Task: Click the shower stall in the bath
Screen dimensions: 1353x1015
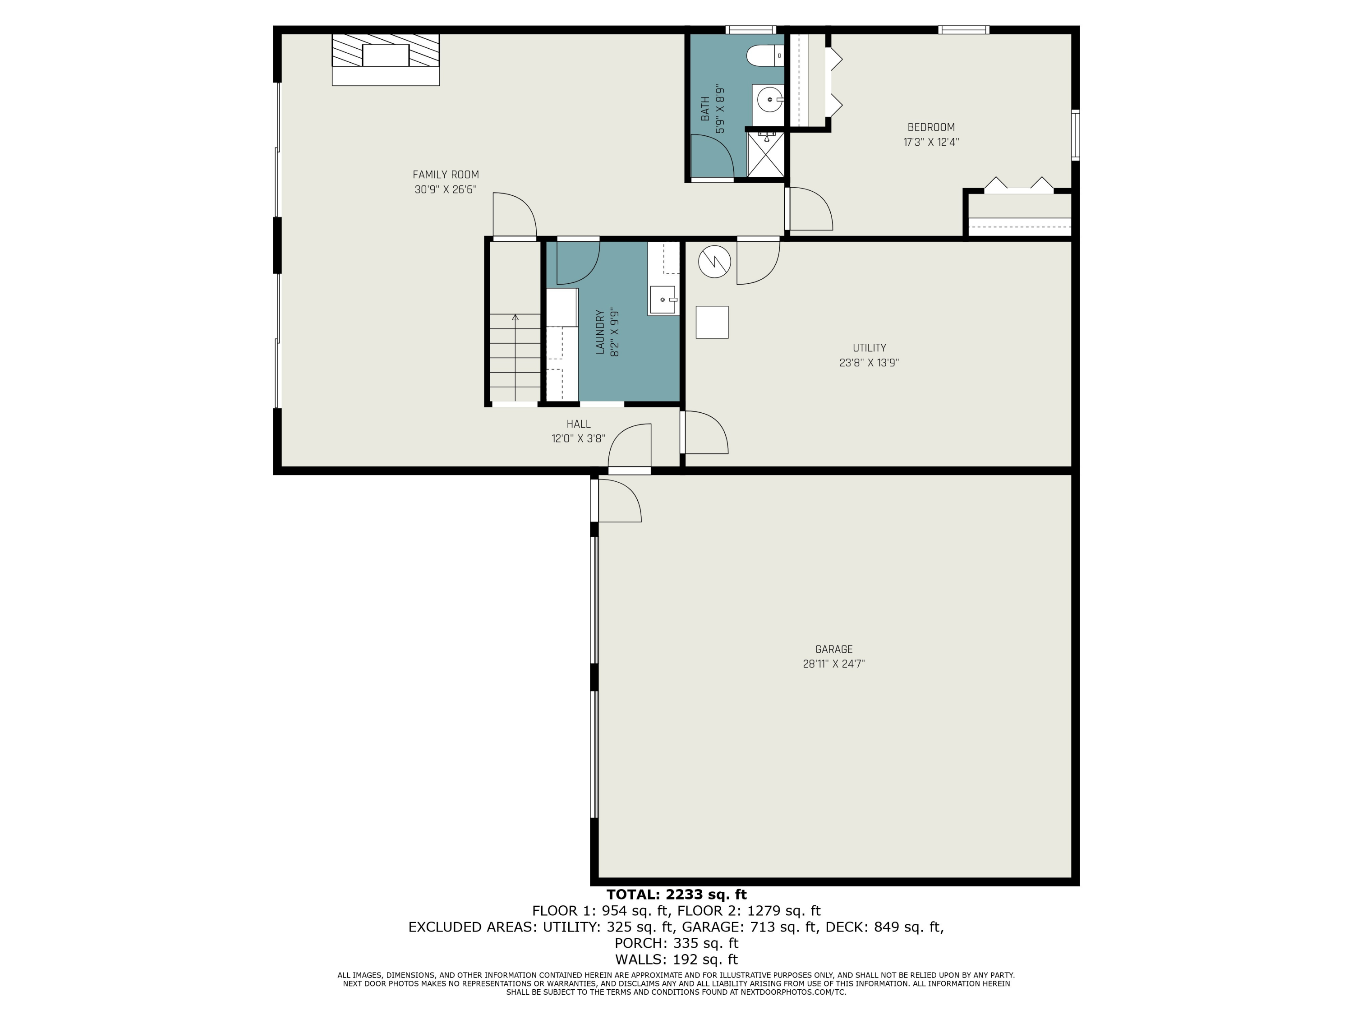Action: (x=765, y=154)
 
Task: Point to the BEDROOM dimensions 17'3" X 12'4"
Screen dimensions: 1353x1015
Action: (x=931, y=143)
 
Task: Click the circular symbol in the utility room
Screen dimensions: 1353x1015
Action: (x=714, y=262)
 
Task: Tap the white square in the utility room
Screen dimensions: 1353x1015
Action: (x=712, y=322)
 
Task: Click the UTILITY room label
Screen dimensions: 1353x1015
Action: (x=869, y=347)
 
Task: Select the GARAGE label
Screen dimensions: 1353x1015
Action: (x=834, y=649)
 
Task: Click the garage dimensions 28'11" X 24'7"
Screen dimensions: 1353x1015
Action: (x=834, y=664)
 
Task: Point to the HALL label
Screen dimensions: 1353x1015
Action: (x=579, y=424)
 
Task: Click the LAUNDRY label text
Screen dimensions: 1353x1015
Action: (x=600, y=332)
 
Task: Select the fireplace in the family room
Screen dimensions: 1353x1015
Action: (x=385, y=60)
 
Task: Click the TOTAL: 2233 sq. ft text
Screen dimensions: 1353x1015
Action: (x=676, y=895)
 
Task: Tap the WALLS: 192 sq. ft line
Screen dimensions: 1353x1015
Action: (x=676, y=960)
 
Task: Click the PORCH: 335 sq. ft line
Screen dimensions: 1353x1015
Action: (x=676, y=943)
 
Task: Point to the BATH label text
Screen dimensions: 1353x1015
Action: (x=705, y=108)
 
